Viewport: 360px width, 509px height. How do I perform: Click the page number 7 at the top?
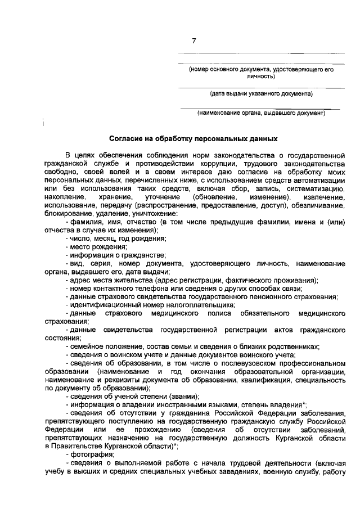194,40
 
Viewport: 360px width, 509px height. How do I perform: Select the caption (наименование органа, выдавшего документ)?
261,112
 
